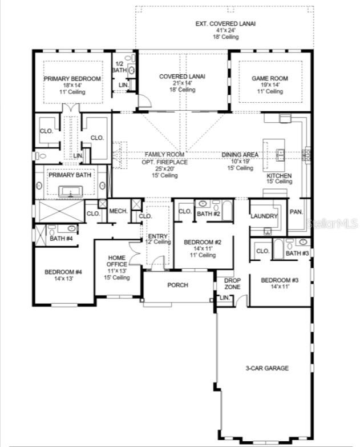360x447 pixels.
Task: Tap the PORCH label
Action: pyautogui.click(x=177, y=285)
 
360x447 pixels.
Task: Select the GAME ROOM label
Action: pyautogui.click(x=270, y=79)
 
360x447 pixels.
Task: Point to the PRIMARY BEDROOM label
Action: pyautogui.click(x=73, y=79)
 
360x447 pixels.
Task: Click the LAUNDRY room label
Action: pyautogui.click(x=264, y=216)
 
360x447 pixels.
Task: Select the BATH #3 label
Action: pyautogui.click(x=297, y=253)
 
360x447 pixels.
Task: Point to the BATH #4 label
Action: pyautogui.click(x=61, y=239)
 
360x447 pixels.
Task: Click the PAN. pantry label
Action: pyautogui.click(x=296, y=211)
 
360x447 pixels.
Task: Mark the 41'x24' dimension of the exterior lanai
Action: pyautogui.click(x=225, y=30)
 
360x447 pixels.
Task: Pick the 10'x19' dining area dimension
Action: pyautogui.click(x=240, y=162)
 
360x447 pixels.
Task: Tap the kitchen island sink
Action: pyautogui.click(x=280, y=153)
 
